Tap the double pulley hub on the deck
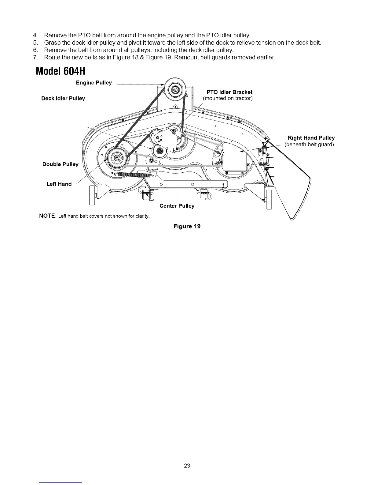[x=116, y=158]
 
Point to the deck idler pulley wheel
[x=160, y=151]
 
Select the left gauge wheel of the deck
[x=91, y=195]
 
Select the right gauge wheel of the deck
[x=269, y=199]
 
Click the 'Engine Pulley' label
[x=94, y=83]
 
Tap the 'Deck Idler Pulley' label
[x=63, y=98]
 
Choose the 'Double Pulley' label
[x=61, y=164]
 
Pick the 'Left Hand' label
[x=59, y=184]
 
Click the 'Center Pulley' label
[x=177, y=206]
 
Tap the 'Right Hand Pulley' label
[x=311, y=138]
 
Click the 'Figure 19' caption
[x=187, y=226]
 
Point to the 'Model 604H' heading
[x=60, y=71]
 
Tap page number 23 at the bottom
[x=187, y=466]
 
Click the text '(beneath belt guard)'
[x=309, y=145]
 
